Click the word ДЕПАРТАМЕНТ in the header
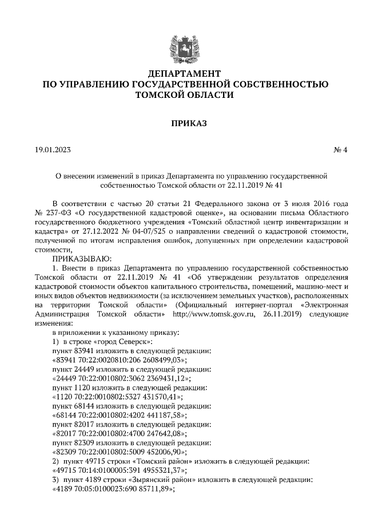pyautogui.click(x=183, y=74)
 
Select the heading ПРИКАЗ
pyautogui.click(x=183, y=122)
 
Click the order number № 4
pyautogui.click(x=341, y=150)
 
